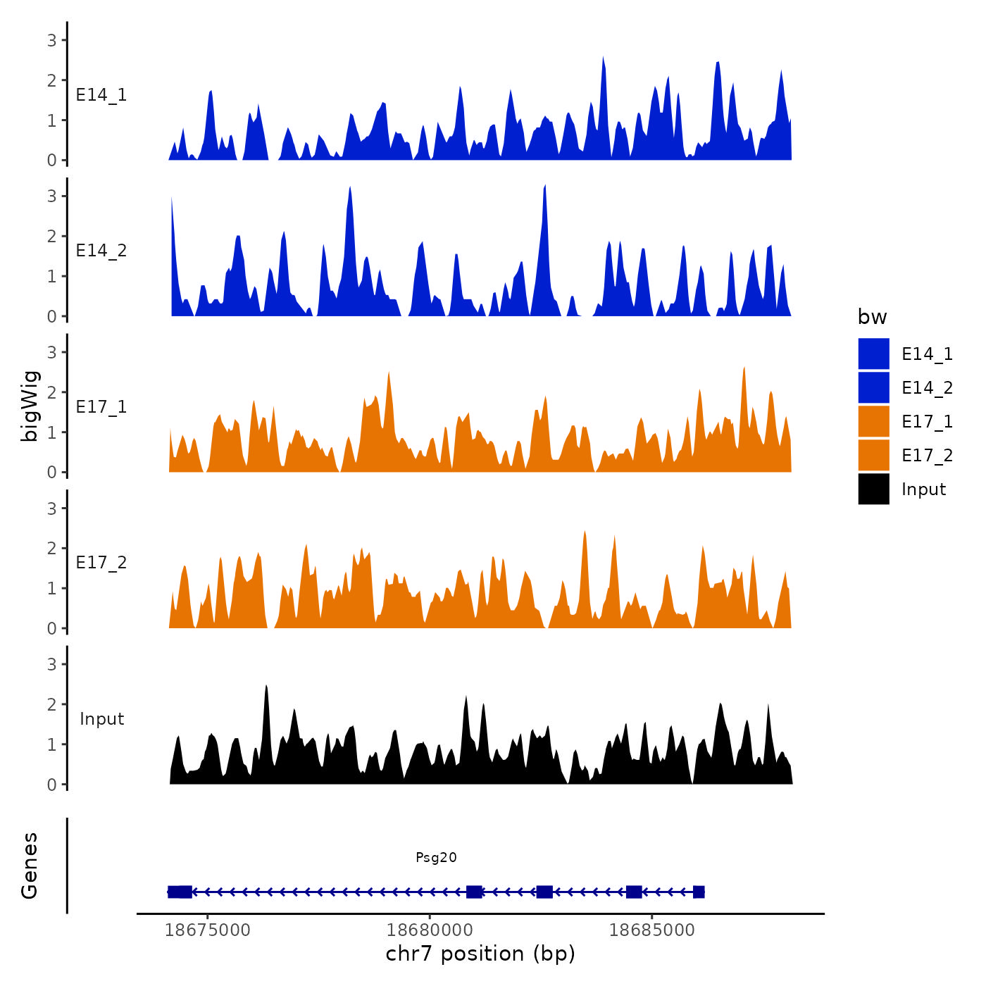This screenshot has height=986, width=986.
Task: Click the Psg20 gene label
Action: click(x=436, y=857)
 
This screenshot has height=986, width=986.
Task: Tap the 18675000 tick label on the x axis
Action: click(x=207, y=930)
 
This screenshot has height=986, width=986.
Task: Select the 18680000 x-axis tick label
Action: click(x=430, y=930)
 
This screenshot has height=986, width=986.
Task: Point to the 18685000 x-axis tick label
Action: click(x=651, y=930)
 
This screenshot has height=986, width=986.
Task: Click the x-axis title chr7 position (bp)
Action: click(x=480, y=954)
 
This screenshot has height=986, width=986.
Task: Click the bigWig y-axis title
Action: click(x=30, y=406)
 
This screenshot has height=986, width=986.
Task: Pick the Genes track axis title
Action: click(x=30, y=866)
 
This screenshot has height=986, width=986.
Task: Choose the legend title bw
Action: click(x=872, y=317)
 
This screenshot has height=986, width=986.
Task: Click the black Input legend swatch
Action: click(x=873, y=489)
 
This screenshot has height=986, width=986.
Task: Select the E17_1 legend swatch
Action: click(x=873, y=421)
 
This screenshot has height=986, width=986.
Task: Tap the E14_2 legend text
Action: click(x=927, y=387)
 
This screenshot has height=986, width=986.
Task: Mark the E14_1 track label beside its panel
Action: click(x=101, y=95)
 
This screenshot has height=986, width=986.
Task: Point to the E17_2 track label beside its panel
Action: click(x=101, y=563)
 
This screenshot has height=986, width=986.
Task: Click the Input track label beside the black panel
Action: click(x=101, y=719)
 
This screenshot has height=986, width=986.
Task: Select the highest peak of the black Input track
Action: click(x=266, y=687)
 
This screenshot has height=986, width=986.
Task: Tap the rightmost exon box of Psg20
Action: click(x=698, y=892)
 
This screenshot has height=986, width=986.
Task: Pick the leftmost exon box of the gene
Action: click(x=180, y=892)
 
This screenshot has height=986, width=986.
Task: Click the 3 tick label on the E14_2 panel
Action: click(x=51, y=196)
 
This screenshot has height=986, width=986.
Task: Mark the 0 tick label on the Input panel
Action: click(x=51, y=785)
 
